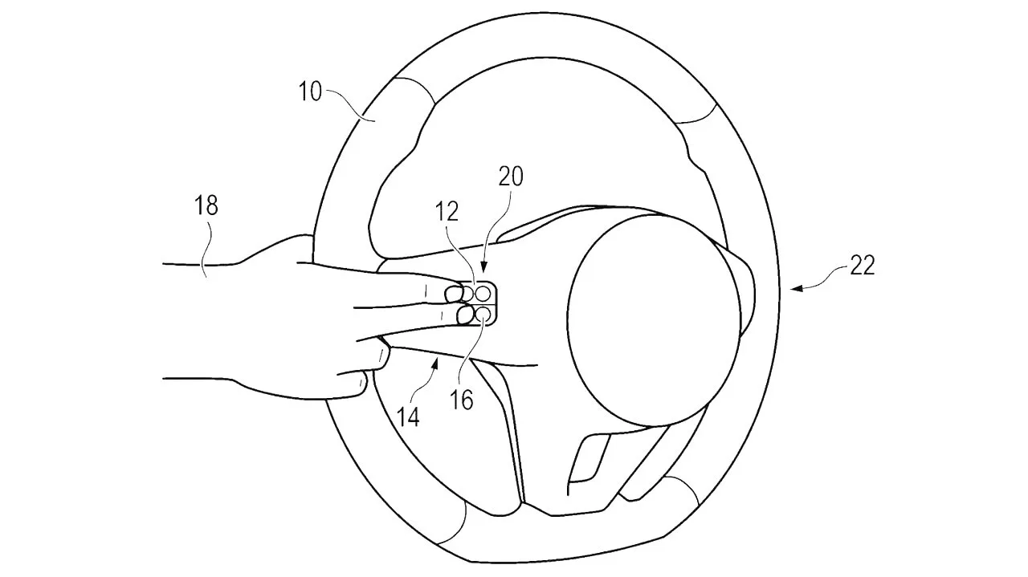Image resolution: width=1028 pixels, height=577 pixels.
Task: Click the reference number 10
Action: point(310,91)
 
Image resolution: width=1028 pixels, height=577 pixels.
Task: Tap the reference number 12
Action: point(447,211)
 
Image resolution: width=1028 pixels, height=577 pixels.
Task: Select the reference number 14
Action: point(408,417)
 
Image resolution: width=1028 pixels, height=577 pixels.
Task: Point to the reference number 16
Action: point(461,400)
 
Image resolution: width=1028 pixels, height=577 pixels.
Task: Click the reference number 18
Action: point(206,205)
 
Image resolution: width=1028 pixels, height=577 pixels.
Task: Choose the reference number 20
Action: point(511,176)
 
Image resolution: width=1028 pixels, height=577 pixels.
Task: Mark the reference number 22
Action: point(863,265)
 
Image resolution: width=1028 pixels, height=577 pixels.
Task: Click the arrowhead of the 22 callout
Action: point(796,288)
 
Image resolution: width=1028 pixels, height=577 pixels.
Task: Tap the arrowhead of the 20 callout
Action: point(483,269)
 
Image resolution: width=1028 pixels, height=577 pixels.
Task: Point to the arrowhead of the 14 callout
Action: point(436,364)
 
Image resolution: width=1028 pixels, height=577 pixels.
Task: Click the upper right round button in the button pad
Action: point(483,293)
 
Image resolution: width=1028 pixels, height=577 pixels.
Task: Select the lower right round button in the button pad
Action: point(483,315)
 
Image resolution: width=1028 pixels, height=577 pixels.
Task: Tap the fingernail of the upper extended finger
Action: point(455,293)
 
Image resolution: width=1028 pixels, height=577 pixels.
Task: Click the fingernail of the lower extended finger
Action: point(465,315)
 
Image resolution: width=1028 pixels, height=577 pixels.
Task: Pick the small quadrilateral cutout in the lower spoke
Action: point(589,460)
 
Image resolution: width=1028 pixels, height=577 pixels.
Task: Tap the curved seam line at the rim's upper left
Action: point(416,89)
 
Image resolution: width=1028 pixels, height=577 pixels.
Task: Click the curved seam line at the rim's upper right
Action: point(699,116)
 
